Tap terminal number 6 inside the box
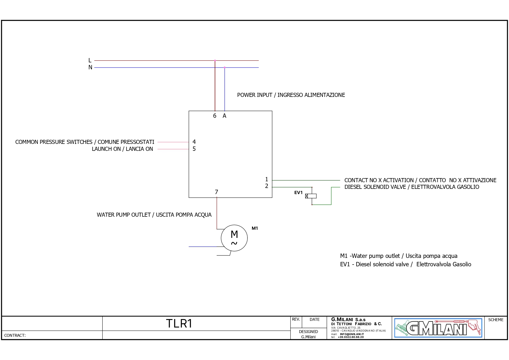[x=215, y=116]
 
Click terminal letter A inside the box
[x=224, y=116]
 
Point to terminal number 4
[x=194, y=142]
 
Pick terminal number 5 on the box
[x=194, y=149]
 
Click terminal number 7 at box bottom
[x=216, y=192]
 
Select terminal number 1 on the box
[x=267, y=180]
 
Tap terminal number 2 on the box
[x=267, y=186]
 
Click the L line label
[x=90, y=60]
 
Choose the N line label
[x=90, y=67]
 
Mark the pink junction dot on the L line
[x=215, y=61]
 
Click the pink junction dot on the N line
[x=224, y=68]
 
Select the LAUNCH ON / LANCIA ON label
[x=122, y=149]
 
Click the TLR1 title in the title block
[x=179, y=323]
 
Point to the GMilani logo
[x=438, y=328]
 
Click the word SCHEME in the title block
[x=496, y=320]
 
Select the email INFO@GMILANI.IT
[x=352, y=334]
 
